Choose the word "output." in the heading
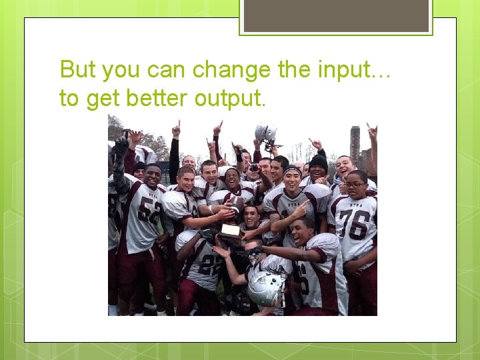pyautogui.click(x=230, y=98)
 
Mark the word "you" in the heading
pyautogui.click(x=120, y=69)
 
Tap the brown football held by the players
pyautogui.click(x=234, y=203)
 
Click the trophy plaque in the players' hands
pyautogui.click(x=231, y=231)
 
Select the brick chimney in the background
pyautogui.click(x=355, y=143)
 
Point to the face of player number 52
pyautogui.click(x=152, y=177)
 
